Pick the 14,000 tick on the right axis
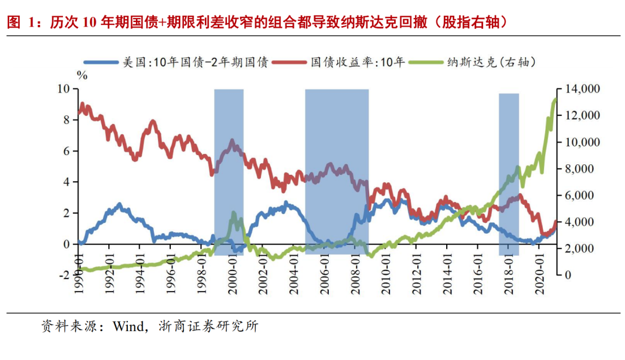(x=579, y=89)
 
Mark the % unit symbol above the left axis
(x=82, y=75)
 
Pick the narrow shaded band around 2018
(x=509, y=174)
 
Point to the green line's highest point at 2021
(x=554, y=100)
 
